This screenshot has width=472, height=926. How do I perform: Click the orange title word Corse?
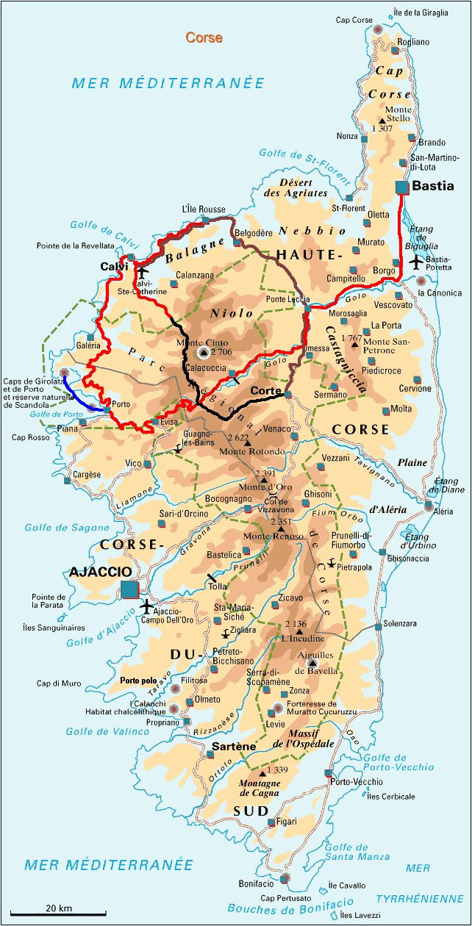click(x=204, y=37)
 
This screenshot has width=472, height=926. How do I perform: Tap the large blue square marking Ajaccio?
click(x=129, y=589)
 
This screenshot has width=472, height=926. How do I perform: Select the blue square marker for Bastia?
click(x=401, y=187)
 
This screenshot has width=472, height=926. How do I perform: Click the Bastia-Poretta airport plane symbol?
click(x=416, y=261)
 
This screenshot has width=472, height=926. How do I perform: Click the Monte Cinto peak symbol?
click(x=204, y=353)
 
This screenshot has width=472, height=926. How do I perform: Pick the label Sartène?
click(x=233, y=747)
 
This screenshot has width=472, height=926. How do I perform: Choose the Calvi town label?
click(x=114, y=266)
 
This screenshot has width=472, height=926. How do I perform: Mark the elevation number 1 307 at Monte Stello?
click(x=382, y=128)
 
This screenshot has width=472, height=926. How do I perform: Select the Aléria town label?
click(x=443, y=512)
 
